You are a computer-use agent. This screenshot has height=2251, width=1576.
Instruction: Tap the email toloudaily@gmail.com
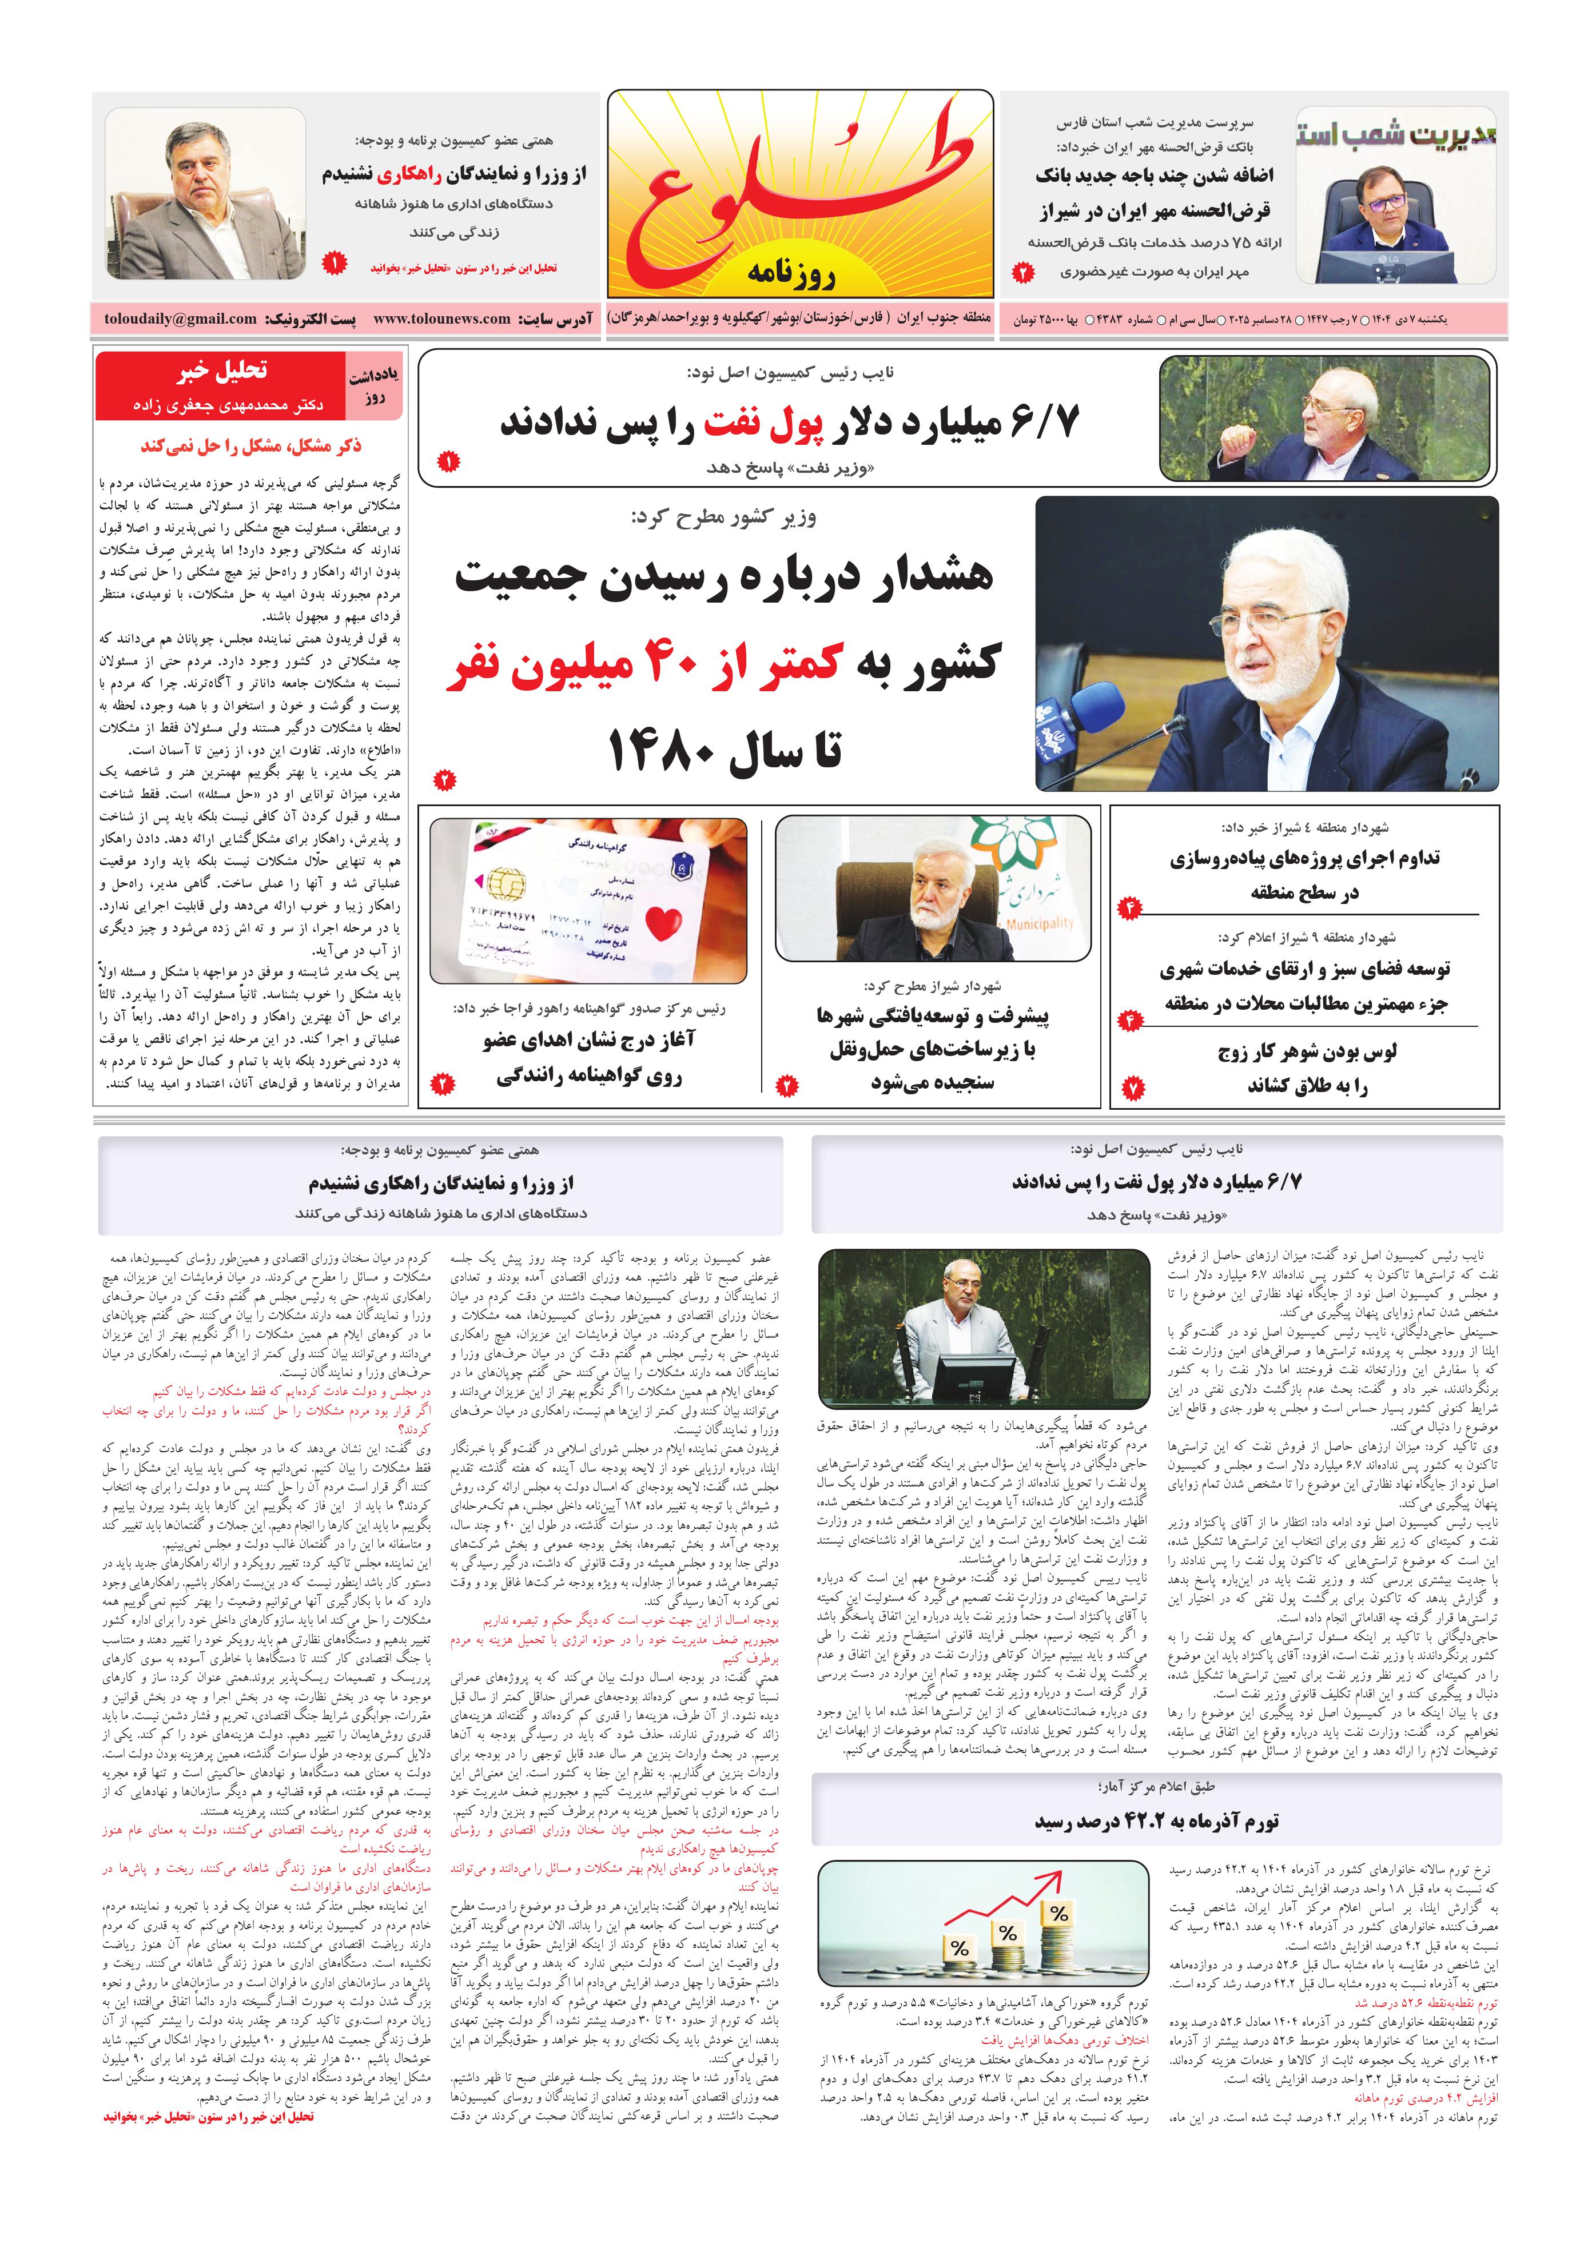coord(181,318)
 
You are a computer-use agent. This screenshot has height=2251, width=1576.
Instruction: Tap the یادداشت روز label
coord(373,387)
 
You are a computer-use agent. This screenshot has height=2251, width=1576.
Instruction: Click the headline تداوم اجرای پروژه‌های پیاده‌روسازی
coord(1304,859)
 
